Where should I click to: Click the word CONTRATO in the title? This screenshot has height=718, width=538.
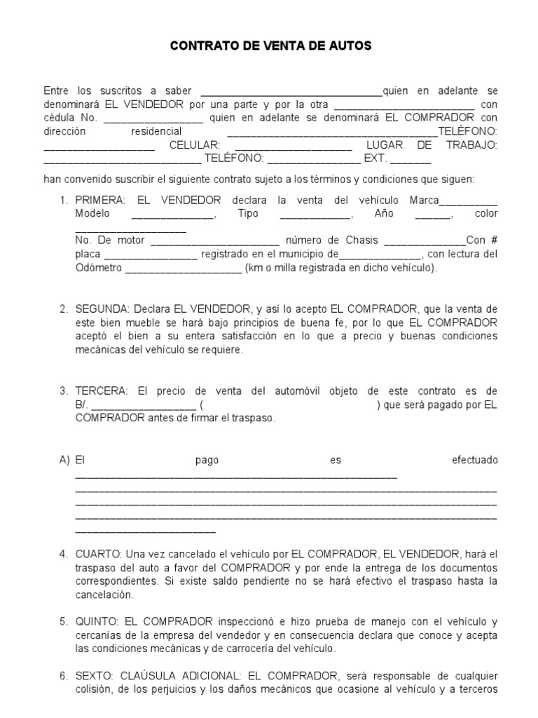click(x=202, y=46)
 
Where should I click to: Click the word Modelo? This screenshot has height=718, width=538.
click(x=92, y=213)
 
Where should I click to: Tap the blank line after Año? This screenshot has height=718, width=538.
click(x=433, y=215)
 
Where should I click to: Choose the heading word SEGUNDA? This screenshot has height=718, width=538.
click(x=102, y=309)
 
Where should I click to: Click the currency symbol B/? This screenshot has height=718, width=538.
click(x=81, y=405)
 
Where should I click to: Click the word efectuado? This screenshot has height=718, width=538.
click(x=475, y=461)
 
